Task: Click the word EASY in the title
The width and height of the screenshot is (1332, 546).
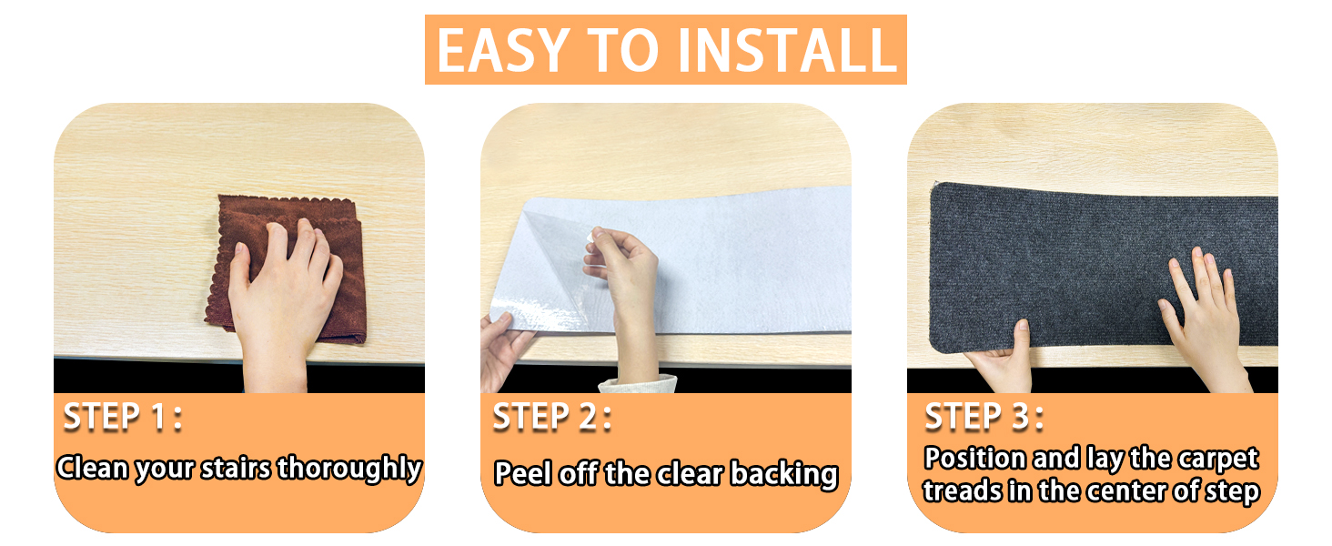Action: point(503,51)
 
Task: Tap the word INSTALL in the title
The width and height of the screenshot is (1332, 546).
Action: point(787,51)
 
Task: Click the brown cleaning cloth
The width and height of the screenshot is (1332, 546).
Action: point(286,268)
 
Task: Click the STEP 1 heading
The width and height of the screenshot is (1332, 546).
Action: point(123,417)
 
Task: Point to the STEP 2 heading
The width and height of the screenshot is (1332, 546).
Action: point(552,417)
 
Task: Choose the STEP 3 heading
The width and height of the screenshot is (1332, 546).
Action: point(984,417)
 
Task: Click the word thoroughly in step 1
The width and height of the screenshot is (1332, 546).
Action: point(349,469)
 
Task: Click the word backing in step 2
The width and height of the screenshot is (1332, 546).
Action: point(783,475)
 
